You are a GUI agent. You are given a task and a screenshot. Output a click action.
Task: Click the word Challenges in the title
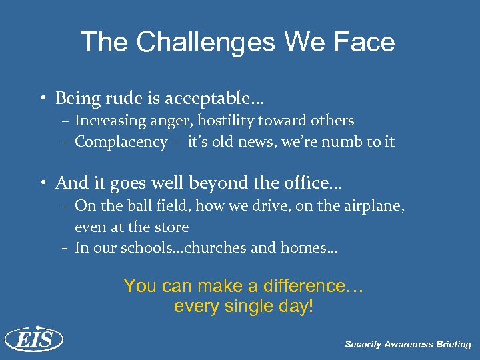pyautogui.click(x=204, y=43)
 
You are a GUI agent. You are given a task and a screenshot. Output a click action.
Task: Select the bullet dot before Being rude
pyautogui.click(x=42, y=100)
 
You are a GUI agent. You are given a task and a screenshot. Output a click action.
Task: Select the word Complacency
pyautogui.click(x=121, y=142)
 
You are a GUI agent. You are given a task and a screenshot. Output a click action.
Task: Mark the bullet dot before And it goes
pyautogui.click(x=42, y=183)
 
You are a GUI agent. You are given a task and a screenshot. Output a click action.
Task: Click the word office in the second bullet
pyautogui.click(x=307, y=183)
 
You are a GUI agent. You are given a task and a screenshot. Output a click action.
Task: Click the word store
pyautogui.click(x=172, y=227)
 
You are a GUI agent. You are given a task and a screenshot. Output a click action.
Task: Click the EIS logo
pyautogui.click(x=33, y=340)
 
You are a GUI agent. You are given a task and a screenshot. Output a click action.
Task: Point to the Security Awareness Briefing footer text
pyautogui.click(x=407, y=345)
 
